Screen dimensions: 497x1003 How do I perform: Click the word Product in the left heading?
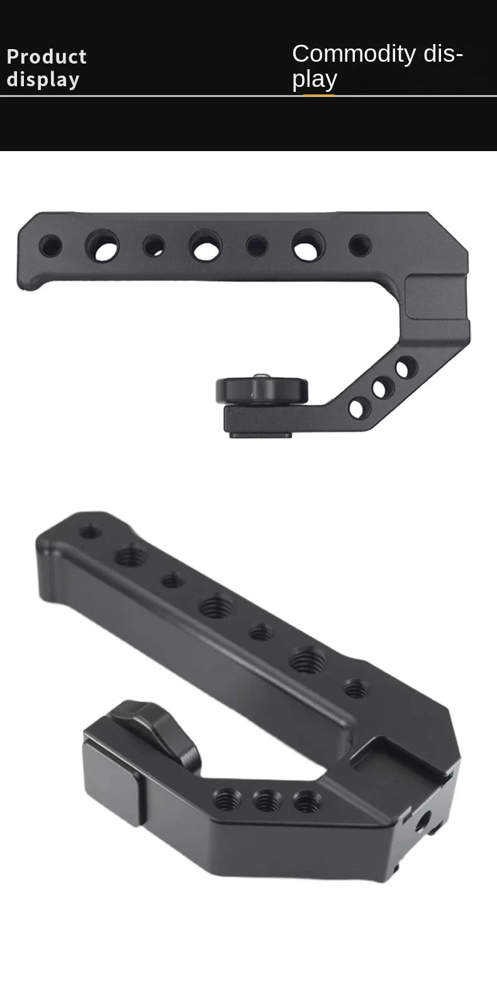click(x=47, y=57)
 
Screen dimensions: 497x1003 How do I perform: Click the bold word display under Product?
click(x=43, y=80)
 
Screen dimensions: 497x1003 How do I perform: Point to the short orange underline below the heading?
click(x=319, y=95)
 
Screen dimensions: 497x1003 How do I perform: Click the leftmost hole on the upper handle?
click(x=50, y=246)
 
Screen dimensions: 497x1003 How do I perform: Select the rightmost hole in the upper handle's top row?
click(x=360, y=246)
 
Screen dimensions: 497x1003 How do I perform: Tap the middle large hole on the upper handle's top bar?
click(x=205, y=246)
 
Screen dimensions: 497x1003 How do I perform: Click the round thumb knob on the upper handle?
click(x=262, y=391)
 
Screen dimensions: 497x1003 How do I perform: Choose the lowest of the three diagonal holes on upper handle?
click(x=358, y=409)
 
